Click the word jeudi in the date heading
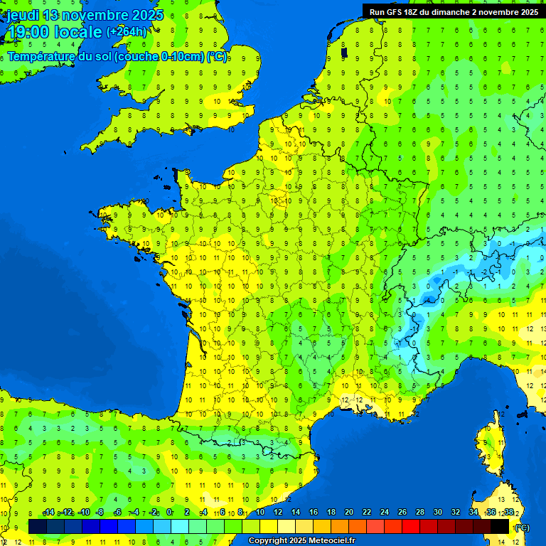(23, 15)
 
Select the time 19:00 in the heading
(29, 32)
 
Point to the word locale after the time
(78, 32)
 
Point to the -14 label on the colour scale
(48, 513)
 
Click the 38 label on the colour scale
(508, 513)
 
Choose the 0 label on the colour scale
(169, 513)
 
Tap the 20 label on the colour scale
(348, 513)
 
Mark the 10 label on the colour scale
(260, 513)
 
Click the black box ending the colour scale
(500, 526)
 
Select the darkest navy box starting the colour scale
(38, 526)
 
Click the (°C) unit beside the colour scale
(522, 527)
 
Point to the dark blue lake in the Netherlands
(344, 52)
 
